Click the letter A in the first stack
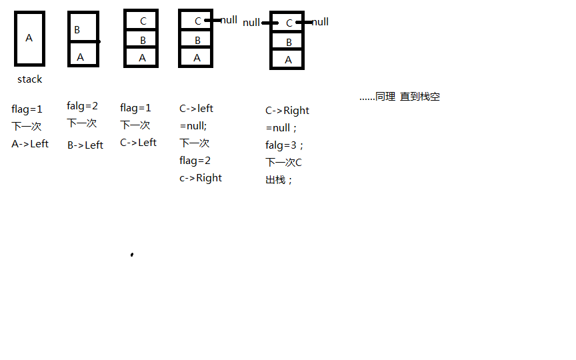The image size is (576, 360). (x=29, y=38)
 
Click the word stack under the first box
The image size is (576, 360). (x=29, y=79)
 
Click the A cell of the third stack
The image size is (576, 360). (x=142, y=58)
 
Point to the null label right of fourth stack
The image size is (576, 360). (x=229, y=20)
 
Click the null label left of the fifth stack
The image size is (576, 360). (x=251, y=23)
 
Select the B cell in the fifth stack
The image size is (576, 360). (x=289, y=42)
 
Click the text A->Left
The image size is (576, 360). (x=30, y=143)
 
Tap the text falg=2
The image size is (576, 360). (x=82, y=105)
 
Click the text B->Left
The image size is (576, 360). (x=85, y=145)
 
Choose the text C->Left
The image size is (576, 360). (x=138, y=142)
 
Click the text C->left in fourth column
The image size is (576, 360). (x=196, y=108)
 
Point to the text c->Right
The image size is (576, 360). (x=201, y=177)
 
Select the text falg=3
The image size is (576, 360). (x=285, y=145)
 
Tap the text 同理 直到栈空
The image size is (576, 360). (x=399, y=97)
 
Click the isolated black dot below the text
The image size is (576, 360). (x=132, y=254)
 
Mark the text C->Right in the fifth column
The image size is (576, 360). (x=287, y=111)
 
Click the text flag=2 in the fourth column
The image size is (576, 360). (x=195, y=160)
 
